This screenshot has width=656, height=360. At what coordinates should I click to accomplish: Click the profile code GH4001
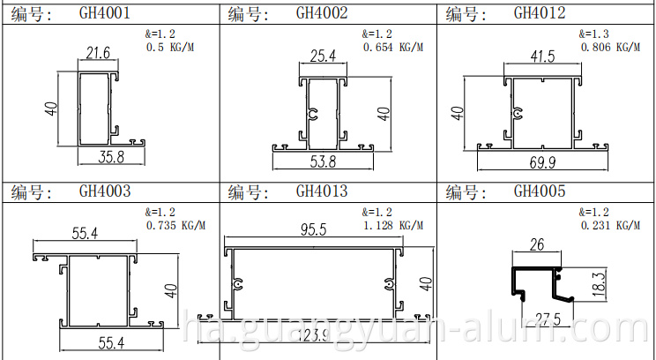tap(106, 13)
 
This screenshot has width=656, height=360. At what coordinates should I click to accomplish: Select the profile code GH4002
tap(322, 13)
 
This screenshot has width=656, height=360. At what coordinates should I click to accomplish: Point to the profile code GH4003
tap(106, 191)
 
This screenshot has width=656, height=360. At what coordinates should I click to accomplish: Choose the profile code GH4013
tap(322, 191)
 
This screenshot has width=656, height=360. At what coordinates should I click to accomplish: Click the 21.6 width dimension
tap(99, 55)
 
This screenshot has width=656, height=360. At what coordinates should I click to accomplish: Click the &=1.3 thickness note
tap(594, 34)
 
